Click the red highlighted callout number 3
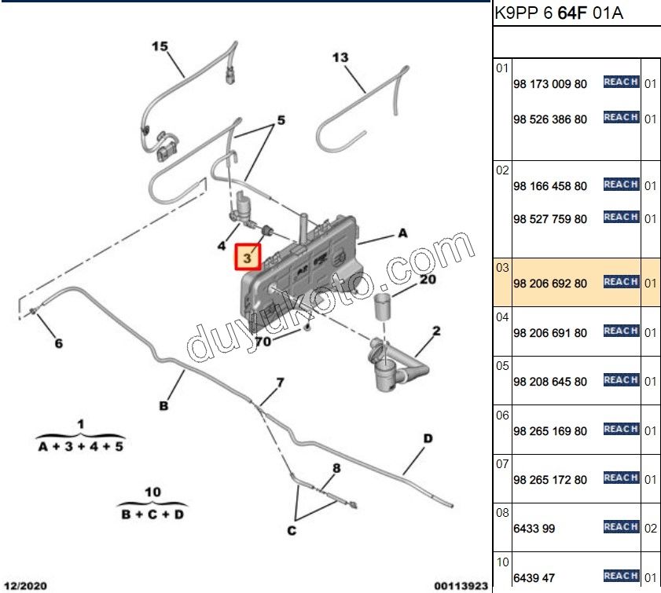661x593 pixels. (248, 257)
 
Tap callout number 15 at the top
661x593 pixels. (160, 46)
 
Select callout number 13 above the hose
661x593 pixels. (340, 57)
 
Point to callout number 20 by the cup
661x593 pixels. (428, 280)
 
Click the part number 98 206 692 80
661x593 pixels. (549, 284)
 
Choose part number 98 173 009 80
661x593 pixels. (549, 84)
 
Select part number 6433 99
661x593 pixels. (534, 529)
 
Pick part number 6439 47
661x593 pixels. (534, 578)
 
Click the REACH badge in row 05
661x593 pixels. (621, 380)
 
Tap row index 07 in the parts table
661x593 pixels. (502, 464)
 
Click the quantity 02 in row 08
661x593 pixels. (650, 529)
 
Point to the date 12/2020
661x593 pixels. (25, 585)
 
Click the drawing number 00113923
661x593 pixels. (461, 586)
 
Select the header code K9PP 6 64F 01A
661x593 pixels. (559, 13)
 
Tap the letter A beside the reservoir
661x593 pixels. (402, 233)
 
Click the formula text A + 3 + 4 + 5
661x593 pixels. (80, 446)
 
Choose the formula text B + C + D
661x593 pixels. (152, 514)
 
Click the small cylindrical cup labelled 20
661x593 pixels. (382, 307)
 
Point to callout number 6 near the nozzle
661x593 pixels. (59, 344)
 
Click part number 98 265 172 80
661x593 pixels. (549, 480)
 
